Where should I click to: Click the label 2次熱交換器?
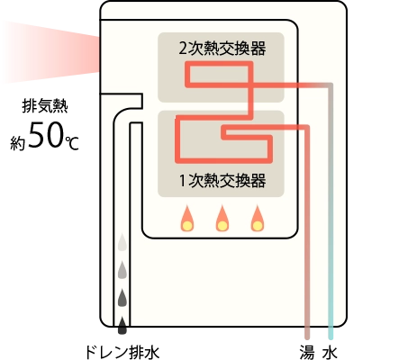[x=222, y=49]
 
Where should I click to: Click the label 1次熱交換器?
[x=222, y=181]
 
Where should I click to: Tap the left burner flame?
[x=187, y=219]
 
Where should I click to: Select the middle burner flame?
[x=222, y=219]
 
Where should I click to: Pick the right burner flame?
[x=258, y=219]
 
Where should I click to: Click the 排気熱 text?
[x=45, y=106]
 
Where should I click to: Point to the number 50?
[x=46, y=136]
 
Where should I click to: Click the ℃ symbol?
[x=72, y=143]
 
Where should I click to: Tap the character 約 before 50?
[x=17, y=143]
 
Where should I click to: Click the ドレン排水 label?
[x=122, y=352]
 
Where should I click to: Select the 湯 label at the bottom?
[x=307, y=352]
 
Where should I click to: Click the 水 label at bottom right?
[x=331, y=353]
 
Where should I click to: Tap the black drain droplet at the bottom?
[x=122, y=325]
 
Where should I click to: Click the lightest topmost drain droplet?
[x=122, y=242]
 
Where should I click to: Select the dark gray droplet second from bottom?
[x=122, y=298]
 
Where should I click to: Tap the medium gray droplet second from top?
[x=122, y=270]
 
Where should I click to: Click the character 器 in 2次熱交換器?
[x=258, y=49]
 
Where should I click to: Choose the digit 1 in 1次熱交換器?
[x=183, y=181]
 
